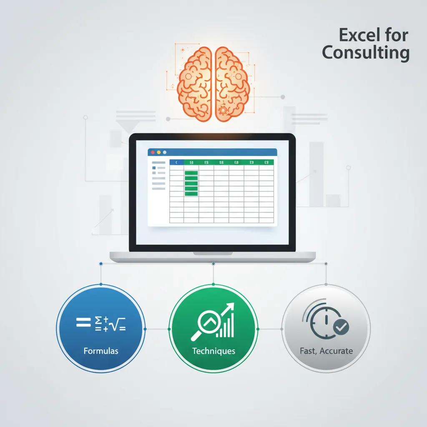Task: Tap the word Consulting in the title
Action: [x=366, y=54]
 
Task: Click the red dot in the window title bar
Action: [x=152, y=153]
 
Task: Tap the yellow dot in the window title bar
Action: [x=158, y=153]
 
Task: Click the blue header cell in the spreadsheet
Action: [x=176, y=162]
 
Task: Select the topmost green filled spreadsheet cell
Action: [x=191, y=173]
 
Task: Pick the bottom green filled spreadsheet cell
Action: [x=191, y=193]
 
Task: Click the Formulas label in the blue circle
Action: [x=101, y=351]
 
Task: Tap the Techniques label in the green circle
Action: [x=213, y=351]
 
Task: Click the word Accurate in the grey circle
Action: [x=336, y=351]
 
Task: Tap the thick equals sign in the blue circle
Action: [x=83, y=322]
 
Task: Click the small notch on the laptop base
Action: [x=213, y=253]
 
